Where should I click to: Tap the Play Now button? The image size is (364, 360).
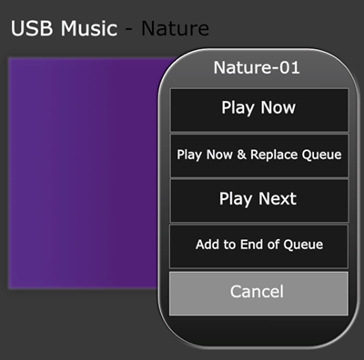click(x=258, y=109)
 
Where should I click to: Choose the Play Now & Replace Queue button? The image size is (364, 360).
click(x=258, y=155)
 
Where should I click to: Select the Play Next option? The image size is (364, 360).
click(x=258, y=200)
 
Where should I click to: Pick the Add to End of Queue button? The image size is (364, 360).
click(x=258, y=245)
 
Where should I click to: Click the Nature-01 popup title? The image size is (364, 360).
click(x=257, y=67)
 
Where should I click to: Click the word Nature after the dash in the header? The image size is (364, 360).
click(x=175, y=28)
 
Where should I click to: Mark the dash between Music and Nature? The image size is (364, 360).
click(x=129, y=29)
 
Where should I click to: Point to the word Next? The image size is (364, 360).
click(x=276, y=199)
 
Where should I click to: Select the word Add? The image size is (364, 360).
click(x=208, y=245)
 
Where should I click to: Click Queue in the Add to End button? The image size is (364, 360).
click(x=303, y=245)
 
